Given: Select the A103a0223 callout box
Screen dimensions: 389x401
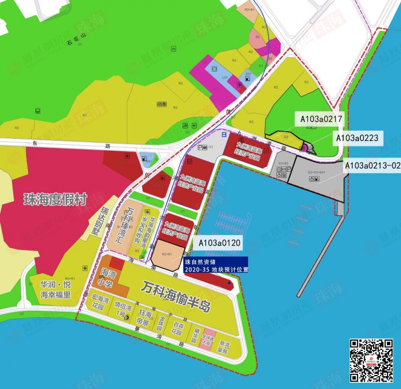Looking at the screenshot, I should (x=356, y=138).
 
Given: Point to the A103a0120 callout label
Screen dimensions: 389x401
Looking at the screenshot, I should (x=219, y=243).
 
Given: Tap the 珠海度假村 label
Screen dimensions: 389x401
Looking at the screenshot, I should (x=56, y=199).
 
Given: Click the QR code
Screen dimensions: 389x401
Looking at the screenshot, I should (x=371, y=361).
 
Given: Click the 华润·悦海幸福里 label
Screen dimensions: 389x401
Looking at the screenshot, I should (x=55, y=290).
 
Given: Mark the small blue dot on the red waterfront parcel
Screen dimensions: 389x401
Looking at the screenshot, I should (x=229, y=283).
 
